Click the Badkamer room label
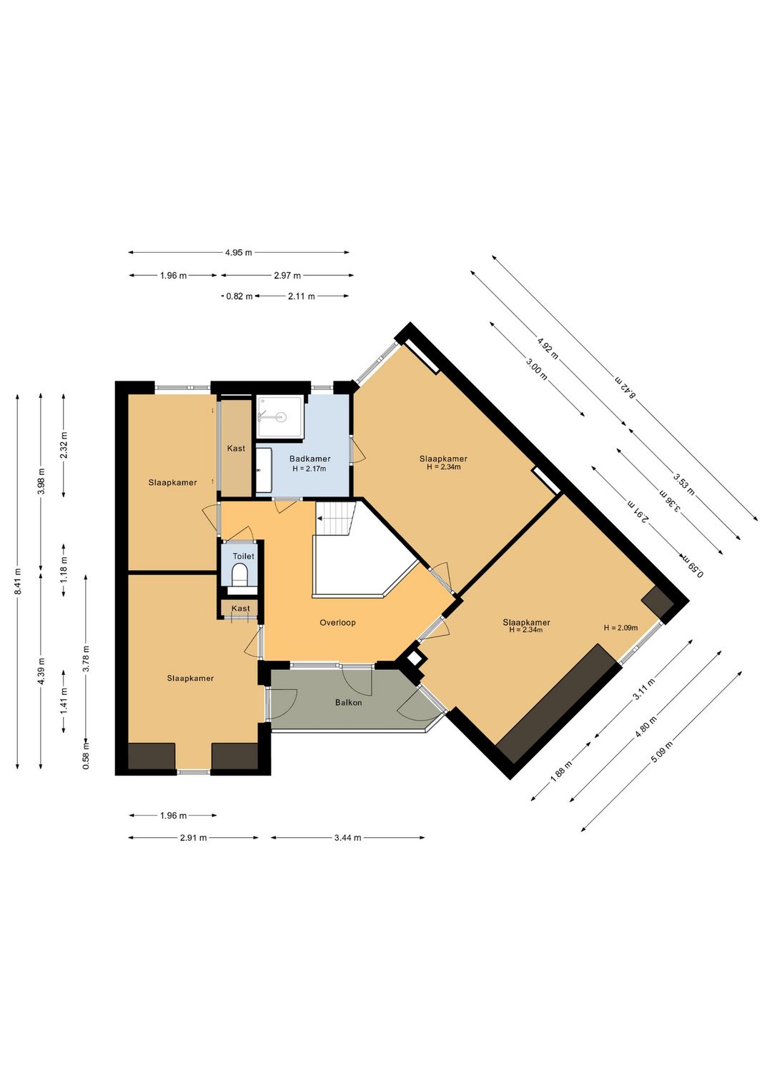[310, 459]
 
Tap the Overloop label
[337, 622]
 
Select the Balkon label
[348, 703]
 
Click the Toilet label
[243, 556]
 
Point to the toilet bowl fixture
[239, 574]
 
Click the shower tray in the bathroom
[280, 417]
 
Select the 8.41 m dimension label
[18, 581]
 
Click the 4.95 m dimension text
[239, 253]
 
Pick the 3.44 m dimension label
[347, 837]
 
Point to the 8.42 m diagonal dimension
[625, 387]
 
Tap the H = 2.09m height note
[620, 628]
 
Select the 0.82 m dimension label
[239, 296]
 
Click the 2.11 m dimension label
[301, 296]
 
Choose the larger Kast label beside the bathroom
[236, 448]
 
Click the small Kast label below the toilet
[241, 609]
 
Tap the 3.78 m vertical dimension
[86, 658]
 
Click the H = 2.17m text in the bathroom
[310, 469]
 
